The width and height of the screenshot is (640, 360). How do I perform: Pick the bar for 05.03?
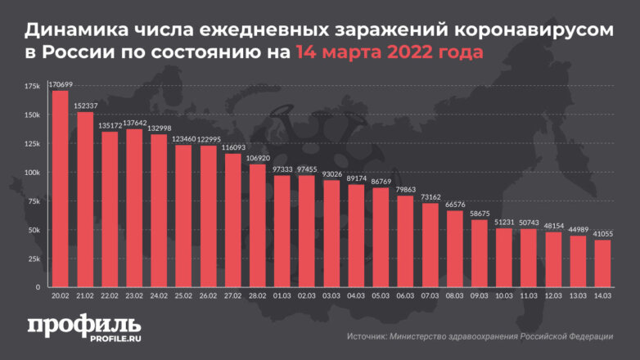(x=381, y=237)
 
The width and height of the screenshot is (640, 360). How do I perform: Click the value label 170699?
(x=60, y=84)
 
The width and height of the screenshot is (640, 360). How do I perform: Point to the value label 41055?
(x=602, y=234)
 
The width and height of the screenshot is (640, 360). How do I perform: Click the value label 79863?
(x=405, y=190)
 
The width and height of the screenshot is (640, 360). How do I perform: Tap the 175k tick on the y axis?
(x=32, y=86)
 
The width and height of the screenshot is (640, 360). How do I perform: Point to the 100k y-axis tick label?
(x=32, y=173)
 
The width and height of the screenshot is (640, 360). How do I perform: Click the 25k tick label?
(x=34, y=259)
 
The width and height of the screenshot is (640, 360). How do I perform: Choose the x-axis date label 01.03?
(x=282, y=296)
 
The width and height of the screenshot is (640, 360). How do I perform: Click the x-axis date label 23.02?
(x=133, y=296)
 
